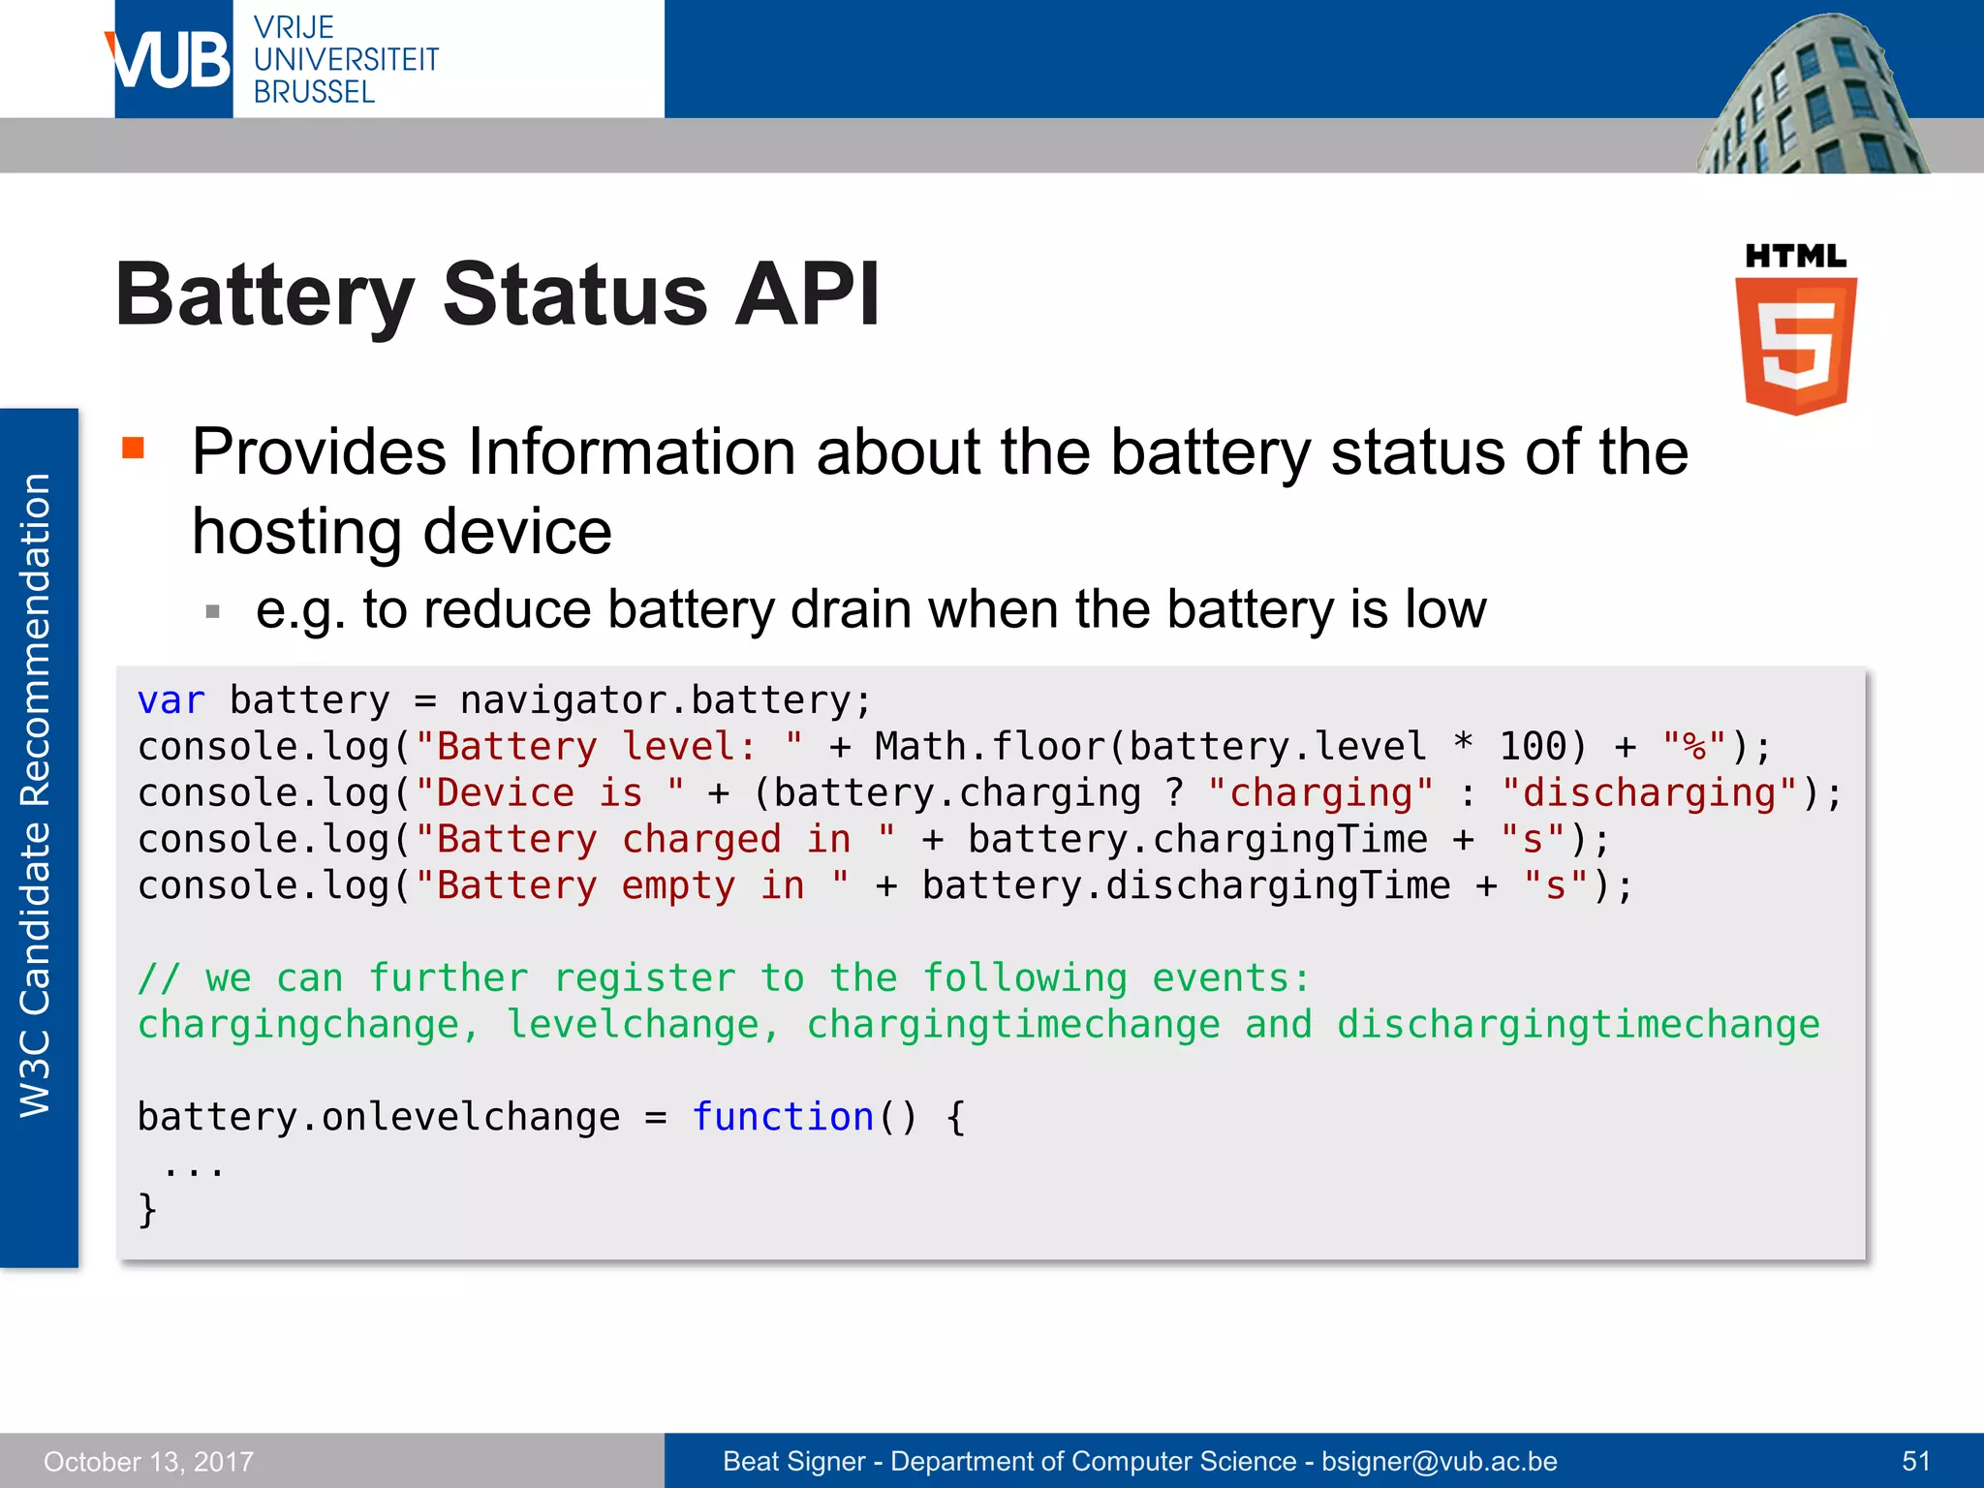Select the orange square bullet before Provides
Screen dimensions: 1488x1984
133,448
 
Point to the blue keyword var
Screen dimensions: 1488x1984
171,700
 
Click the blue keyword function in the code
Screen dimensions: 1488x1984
783,1117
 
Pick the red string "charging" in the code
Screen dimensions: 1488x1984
1320,793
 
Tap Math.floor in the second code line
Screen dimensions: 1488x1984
990,747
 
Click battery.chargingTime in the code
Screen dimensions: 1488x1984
1197,839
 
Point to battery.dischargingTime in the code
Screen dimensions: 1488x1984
1186,885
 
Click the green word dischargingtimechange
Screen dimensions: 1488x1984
1578,1025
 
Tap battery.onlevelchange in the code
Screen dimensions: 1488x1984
379,1117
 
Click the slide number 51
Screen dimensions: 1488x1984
1916,1461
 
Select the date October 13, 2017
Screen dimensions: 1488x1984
148,1461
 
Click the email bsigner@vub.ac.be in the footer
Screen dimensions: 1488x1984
1440,1461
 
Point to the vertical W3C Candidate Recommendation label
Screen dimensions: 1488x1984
37,794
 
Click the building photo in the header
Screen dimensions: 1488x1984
1812,97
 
